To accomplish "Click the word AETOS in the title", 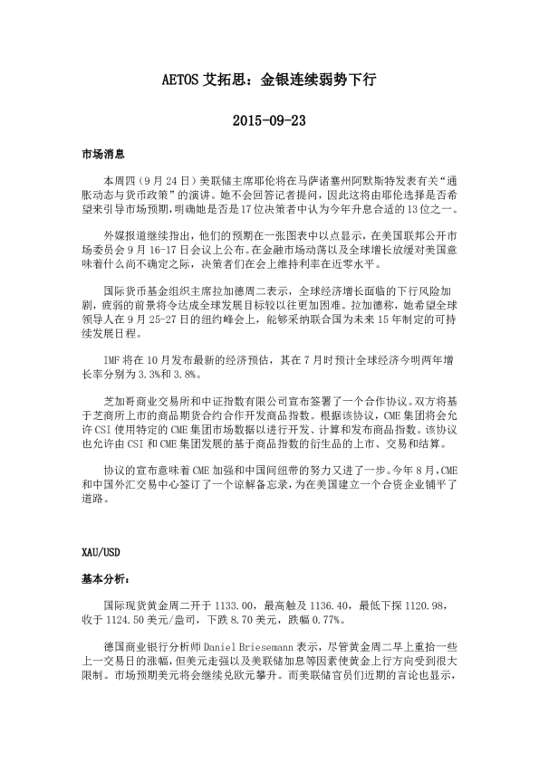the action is coord(191,80).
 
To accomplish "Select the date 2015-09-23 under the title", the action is coord(268,119).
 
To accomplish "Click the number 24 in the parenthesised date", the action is coord(170,180).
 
